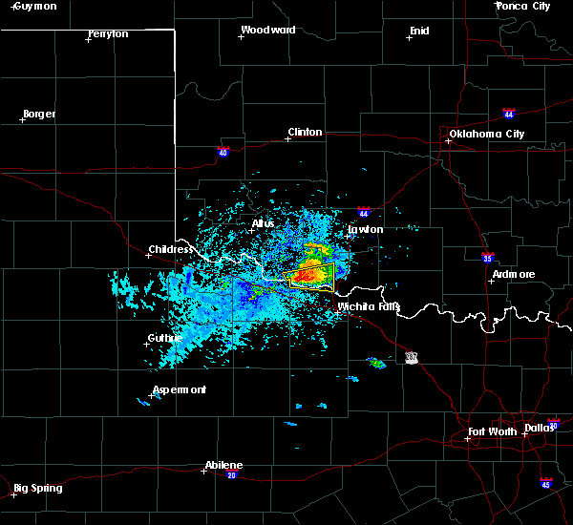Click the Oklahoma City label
click(x=487, y=134)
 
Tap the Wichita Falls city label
click(x=369, y=307)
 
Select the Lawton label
click(x=366, y=229)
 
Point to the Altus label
click(x=263, y=223)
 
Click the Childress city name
click(x=171, y=250)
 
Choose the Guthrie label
click(x=165, y=338)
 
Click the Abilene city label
click(x=223, y=465)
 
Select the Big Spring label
click(x=39, y=488)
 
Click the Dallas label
click(x=539, y=427)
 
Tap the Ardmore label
click(x=513, y=274)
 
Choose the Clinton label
click(x=306, y=132)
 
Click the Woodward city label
click(x=268, y=30)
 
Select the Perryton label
click(x=108, y=33)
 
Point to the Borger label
click(x=39, y=114)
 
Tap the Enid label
click(x=419, y=31)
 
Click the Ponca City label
click(x=524, y=6)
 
